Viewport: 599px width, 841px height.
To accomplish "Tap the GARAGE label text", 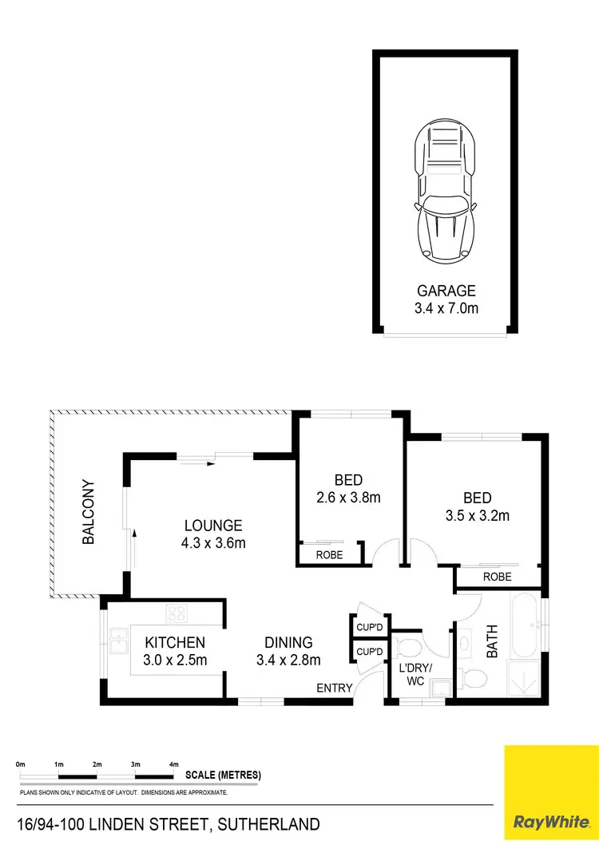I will (x=446, y=291).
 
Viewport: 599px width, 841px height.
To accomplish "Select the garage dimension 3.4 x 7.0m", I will (x=446, y=307).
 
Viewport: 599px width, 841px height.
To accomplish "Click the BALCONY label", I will (x=89, y=512).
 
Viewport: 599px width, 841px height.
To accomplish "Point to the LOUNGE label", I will (x=212, y=526).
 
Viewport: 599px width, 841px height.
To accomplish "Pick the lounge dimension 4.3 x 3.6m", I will (x=212, y=543).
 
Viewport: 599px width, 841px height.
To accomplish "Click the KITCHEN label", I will (x=175, y=642).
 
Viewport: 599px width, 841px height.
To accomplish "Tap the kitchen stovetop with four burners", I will (x=177, y=614).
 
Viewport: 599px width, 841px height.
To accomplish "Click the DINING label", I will (x=288, y=642).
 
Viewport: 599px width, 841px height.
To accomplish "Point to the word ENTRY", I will (x=334, y=688).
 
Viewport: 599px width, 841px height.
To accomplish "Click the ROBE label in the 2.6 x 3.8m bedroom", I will (x=329, y=554).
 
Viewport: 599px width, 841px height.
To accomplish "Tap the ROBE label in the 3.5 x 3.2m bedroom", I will (x=497, y=577).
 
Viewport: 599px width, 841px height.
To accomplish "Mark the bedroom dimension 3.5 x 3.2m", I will (x=477, y=515).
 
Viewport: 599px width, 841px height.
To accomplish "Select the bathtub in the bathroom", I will (x=524, y=625).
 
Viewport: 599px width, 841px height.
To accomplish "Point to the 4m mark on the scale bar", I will (x=174, y=765).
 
